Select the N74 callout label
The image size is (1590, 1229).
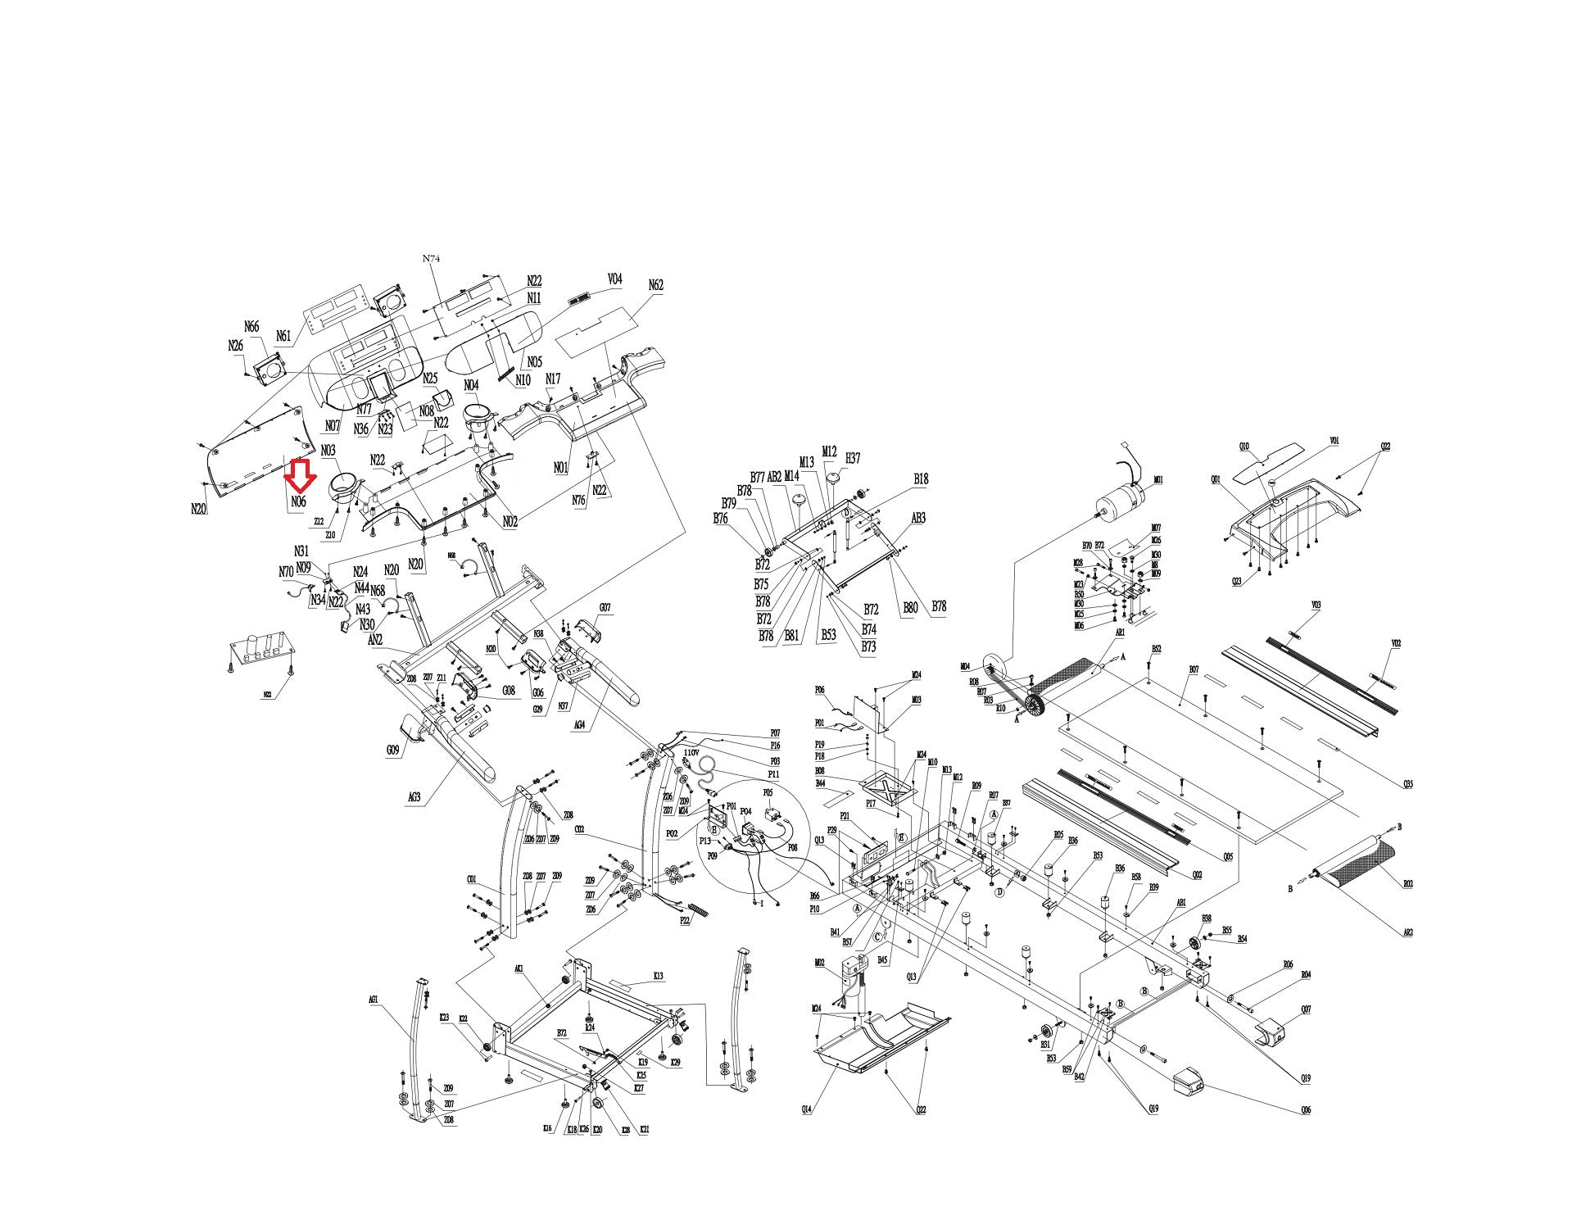click(x=431, y=258)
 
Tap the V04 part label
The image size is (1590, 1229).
click(x=614, y=279)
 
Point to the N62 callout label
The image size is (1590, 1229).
click(x=655, y=285)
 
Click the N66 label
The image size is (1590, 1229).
click(x=251, y=328)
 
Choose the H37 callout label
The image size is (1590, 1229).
click(x=853, y=458)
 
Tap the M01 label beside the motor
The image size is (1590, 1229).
click(x=1158, y=479)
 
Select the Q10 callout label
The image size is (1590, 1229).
click(x=1243, y=447)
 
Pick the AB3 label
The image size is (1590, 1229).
click(x=918, y=518)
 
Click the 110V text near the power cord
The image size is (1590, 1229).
click(x=691, y=751)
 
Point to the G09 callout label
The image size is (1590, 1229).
click(x=393, y=749)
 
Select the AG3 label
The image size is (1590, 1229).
click(x=414, y=796)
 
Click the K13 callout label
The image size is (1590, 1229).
click(x=658, y=976)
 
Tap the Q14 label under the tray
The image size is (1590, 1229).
click(x=806, y=1109)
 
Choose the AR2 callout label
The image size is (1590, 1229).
click(x=1407, y=932)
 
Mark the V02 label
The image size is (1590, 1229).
click(x=1396, y=643)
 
